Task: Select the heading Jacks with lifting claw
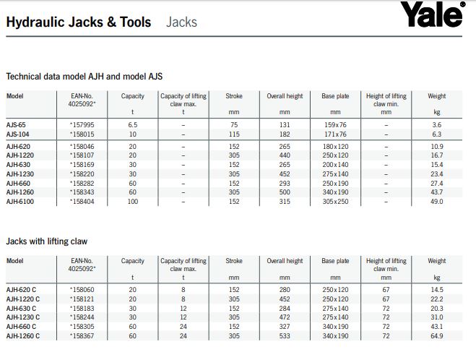click(x=46, y=241)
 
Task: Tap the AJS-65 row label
click(x=16, y=124)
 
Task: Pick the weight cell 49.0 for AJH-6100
click(x=436, y=202)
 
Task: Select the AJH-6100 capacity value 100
click(x=132, y=202)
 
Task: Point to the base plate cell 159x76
click(x=335, y=124)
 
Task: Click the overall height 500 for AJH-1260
click(x=285, y=192)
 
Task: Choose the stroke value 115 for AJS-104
click(x=234, y=134)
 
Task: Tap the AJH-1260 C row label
click(x=23, y=336)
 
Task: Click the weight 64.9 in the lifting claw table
click(x=436, y=336)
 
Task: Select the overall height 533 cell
click(x=285, y=336)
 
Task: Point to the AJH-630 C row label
click(x=22, y=308)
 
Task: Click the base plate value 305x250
click(x=335, y=202)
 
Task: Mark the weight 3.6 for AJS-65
click(x=436, y=124)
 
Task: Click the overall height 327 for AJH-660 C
click(x=285, y=327)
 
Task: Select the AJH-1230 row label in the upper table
click(x=20, y=173)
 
